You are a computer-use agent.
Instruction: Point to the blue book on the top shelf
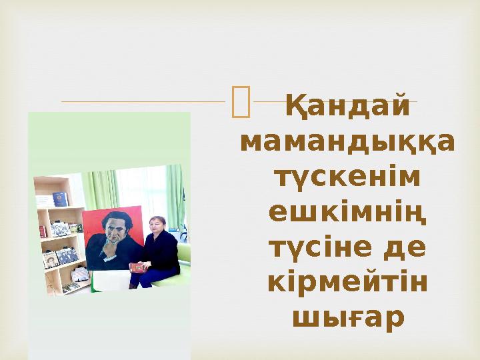tap(61, 198)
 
